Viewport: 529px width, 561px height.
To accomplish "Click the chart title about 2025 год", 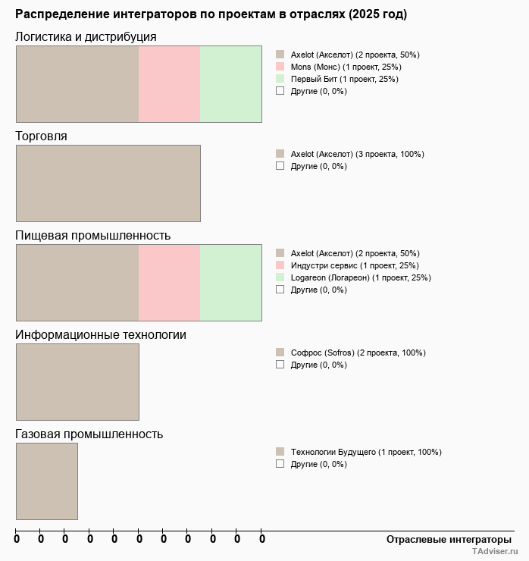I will coord(211,14).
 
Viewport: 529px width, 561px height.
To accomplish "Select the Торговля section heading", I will coord(42,136).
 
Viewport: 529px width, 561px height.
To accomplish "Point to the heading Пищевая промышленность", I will coord(93,235).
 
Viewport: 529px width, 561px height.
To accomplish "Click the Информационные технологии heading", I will coord(101,334).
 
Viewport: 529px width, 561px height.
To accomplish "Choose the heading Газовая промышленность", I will coord(89,434).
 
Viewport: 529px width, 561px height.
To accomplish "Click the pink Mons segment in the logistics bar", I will coord(169,83).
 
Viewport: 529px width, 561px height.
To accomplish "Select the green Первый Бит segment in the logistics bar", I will coord(230,83).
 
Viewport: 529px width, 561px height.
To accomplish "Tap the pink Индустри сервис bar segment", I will coord(169,282).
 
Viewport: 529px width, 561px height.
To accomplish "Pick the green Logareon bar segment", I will coord(230,282).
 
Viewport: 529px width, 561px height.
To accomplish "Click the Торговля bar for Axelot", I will coord(108,183).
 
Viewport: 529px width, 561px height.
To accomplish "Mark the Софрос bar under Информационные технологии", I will coord(77,381).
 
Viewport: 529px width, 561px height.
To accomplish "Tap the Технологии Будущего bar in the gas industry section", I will coord(47,481).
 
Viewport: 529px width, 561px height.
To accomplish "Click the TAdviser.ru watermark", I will coord(495,552).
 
